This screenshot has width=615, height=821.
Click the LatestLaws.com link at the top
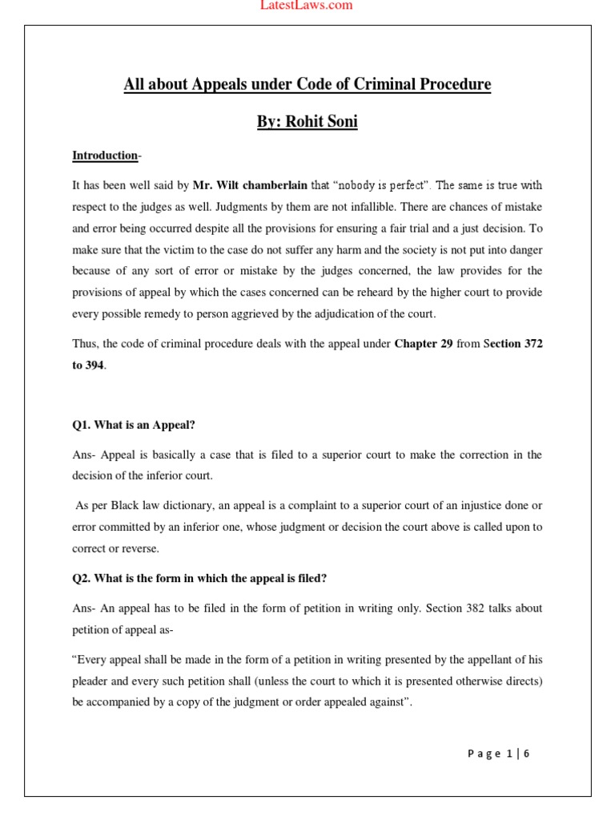click(307, 6)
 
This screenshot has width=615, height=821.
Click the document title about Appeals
click(307, 84)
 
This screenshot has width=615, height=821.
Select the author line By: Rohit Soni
click(307, 122)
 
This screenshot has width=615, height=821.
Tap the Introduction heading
click(105, 155)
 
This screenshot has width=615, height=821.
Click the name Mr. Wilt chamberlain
click(250, 185)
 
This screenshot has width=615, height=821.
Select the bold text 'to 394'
click(88, 365)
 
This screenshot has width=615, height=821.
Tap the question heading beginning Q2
click(199, 578)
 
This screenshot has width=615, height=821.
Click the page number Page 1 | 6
click(499, 753)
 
